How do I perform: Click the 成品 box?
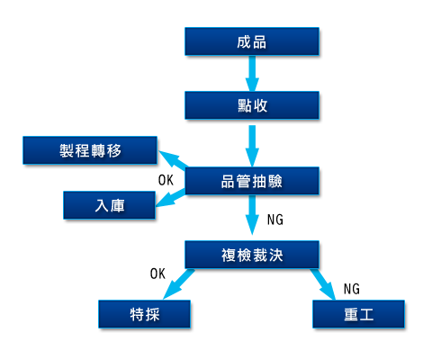(x=252, y=41)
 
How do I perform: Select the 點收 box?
(x=252, y=105)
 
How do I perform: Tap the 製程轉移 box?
(x=90, y=150)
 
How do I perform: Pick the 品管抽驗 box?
(x=252, y=181)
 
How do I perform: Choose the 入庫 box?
(x=109, y=205)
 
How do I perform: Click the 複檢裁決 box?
(x=252, y=255)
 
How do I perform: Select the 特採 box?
(x=144, y=314)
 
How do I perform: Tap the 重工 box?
(x=358, y=314)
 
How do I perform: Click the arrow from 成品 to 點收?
(x=252, y=74)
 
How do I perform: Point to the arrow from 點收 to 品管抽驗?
(x=252, y=146)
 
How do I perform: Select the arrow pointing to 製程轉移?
(x=174, y=159)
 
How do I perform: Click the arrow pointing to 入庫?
(x=171, y=198)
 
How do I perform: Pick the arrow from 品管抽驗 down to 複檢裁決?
(x=252, y=215)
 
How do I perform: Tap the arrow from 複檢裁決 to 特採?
(x=179, y=284)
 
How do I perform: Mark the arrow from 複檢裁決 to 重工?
(x=323, y=284)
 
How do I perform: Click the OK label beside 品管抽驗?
(x=166, y=180)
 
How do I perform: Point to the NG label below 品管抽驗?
(x=275, y=220)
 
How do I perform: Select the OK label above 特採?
(x=157, y=274)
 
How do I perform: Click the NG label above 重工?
(x=352, y=289)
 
